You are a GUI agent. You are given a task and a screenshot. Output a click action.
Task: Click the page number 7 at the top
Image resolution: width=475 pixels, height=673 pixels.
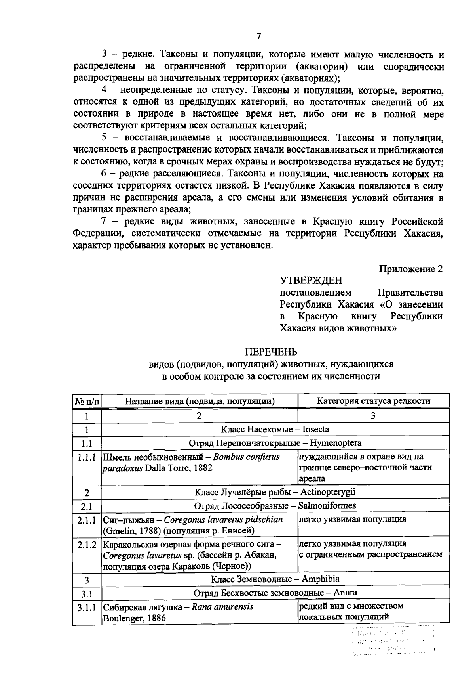click(x=258, y=36)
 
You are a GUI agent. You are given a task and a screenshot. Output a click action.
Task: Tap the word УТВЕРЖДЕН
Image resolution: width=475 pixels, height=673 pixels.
click(x=311, y=281)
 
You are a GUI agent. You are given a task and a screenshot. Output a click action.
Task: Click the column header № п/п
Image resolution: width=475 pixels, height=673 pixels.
click(x=87, y=401)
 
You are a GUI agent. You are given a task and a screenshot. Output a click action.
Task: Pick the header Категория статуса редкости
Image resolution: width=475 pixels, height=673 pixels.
click(x=373, y=401)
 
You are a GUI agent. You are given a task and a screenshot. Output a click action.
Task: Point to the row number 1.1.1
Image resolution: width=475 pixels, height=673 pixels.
click(x=87, y=457)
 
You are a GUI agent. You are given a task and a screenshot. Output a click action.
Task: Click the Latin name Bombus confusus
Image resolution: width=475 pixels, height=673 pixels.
click(x=246, y=457)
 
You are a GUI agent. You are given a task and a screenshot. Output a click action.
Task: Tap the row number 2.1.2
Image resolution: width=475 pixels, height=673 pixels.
click(x=87, y=545)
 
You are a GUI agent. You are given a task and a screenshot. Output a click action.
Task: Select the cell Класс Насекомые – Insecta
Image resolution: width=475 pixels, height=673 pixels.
click(x=275, y=429)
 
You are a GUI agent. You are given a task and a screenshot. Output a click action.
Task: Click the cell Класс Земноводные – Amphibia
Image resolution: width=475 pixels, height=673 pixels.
click(x=275, y=579)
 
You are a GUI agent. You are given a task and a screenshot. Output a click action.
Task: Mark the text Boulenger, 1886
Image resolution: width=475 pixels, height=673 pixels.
click(x=134, y=618)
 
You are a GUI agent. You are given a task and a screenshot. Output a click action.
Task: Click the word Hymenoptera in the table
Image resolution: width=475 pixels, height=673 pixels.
click(x=335, y=443)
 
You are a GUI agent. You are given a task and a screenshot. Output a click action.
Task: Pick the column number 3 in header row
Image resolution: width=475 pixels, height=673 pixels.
click(x=373, y=415)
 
